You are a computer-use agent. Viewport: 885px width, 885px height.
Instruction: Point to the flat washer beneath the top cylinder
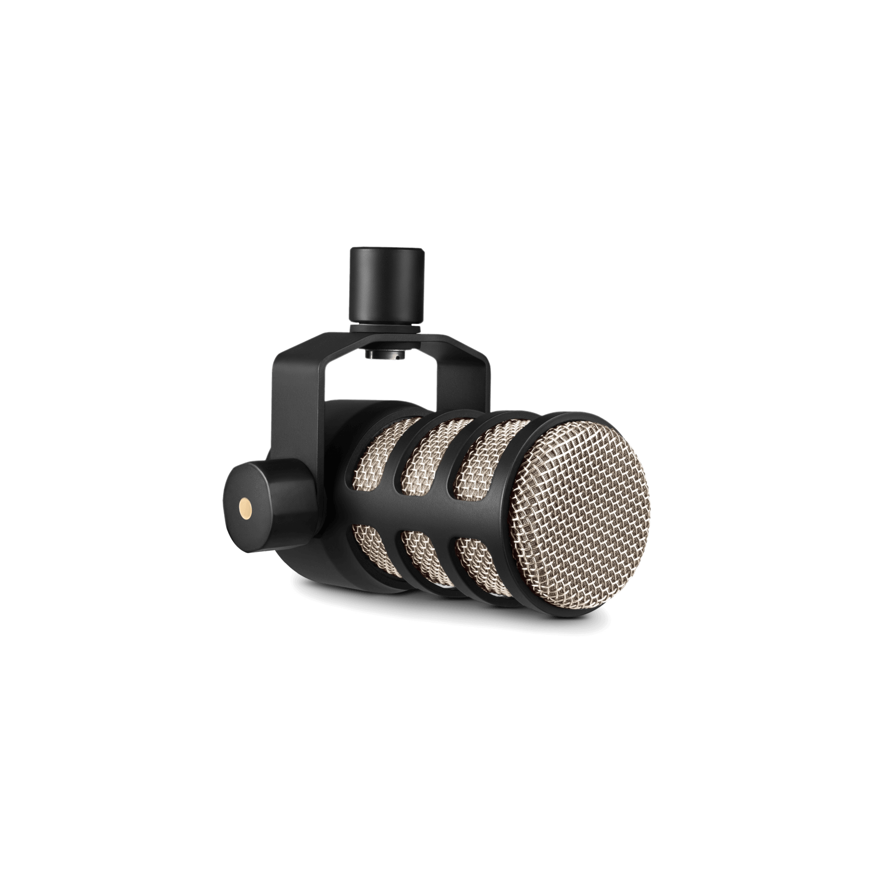coord(386,326)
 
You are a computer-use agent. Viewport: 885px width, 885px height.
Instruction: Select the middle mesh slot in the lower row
coord(421,557)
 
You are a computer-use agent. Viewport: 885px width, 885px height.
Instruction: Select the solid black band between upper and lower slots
coord(426,513)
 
